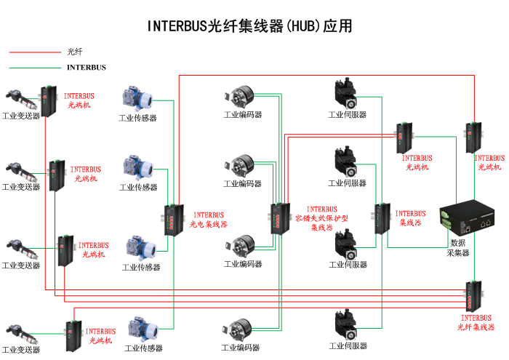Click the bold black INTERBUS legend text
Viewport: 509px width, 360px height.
87,68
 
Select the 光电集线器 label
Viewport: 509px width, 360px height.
209,220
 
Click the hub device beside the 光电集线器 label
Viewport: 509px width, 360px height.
173,219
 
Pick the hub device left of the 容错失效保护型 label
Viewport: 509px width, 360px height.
278,217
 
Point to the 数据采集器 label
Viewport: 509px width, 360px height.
458,248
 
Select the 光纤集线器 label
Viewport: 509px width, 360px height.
476,322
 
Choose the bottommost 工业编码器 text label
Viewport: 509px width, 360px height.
242,347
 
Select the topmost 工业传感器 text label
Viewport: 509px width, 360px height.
137,118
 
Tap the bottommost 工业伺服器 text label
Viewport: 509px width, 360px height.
348,346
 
